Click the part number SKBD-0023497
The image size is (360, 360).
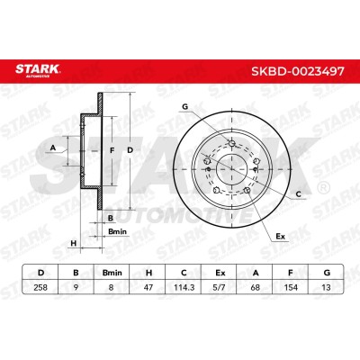[x=298, y=71]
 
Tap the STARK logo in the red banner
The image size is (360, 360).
[x=38, y=70]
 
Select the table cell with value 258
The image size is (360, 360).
[x=40, y=287]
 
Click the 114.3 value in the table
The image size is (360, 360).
[x=184, y=287]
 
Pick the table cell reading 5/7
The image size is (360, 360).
[x=220, y=287]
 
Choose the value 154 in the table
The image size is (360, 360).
[x=291, y=287]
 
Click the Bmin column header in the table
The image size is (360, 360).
[x=112, y=273]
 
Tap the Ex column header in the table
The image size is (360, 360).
[x=220, y=273]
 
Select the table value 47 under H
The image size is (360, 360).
[x=148, y=287]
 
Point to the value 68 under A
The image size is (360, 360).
[x=256, y=287]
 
